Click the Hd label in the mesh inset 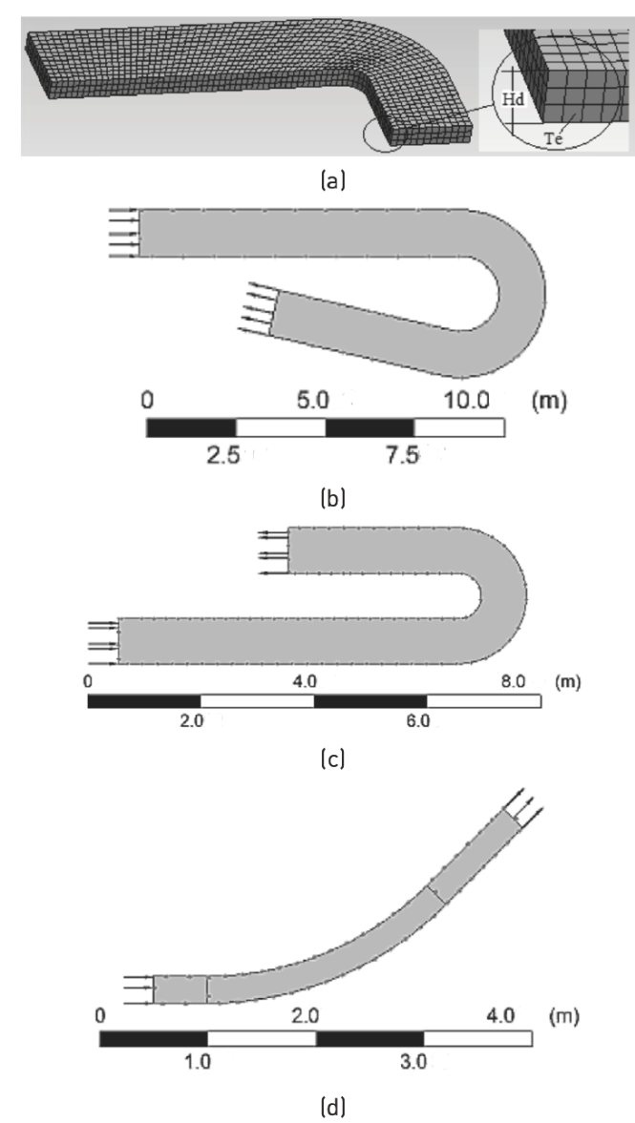[x=513, y=99]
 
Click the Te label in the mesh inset [x=553, y=139]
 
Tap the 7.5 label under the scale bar [x=401, y=455]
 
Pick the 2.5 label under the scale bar [x=222, y=455]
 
